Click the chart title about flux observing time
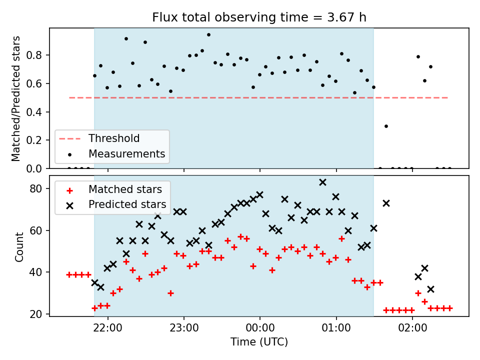[259, 17]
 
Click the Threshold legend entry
[99, 138]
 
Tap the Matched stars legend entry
[114, 189]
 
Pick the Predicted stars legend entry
[116, 204]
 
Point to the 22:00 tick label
[108, 328]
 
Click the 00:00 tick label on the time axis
[260, 328]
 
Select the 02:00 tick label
[412, 328]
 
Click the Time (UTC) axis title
[259, 342]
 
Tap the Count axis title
[19, 247]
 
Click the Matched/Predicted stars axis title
[15, 98]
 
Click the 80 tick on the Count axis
[36, 188]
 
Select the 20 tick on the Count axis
[36, 314]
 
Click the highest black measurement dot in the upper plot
[209, 35]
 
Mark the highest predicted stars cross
[322, 182]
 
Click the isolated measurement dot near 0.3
[386, 126]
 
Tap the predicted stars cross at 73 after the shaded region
[386, 203]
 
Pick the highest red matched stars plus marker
[240, 236]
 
